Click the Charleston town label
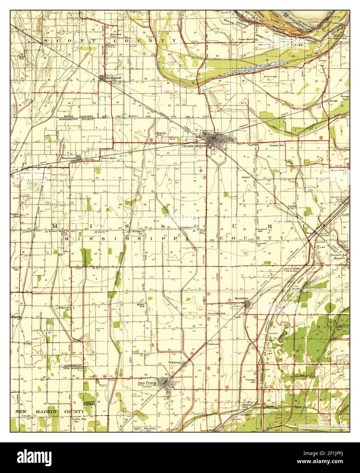pyautogui.click(x=194, y=146)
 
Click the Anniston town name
pyautogui.click(x=241, y=298)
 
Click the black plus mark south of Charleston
pyautogui.click(x=201, y=170)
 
